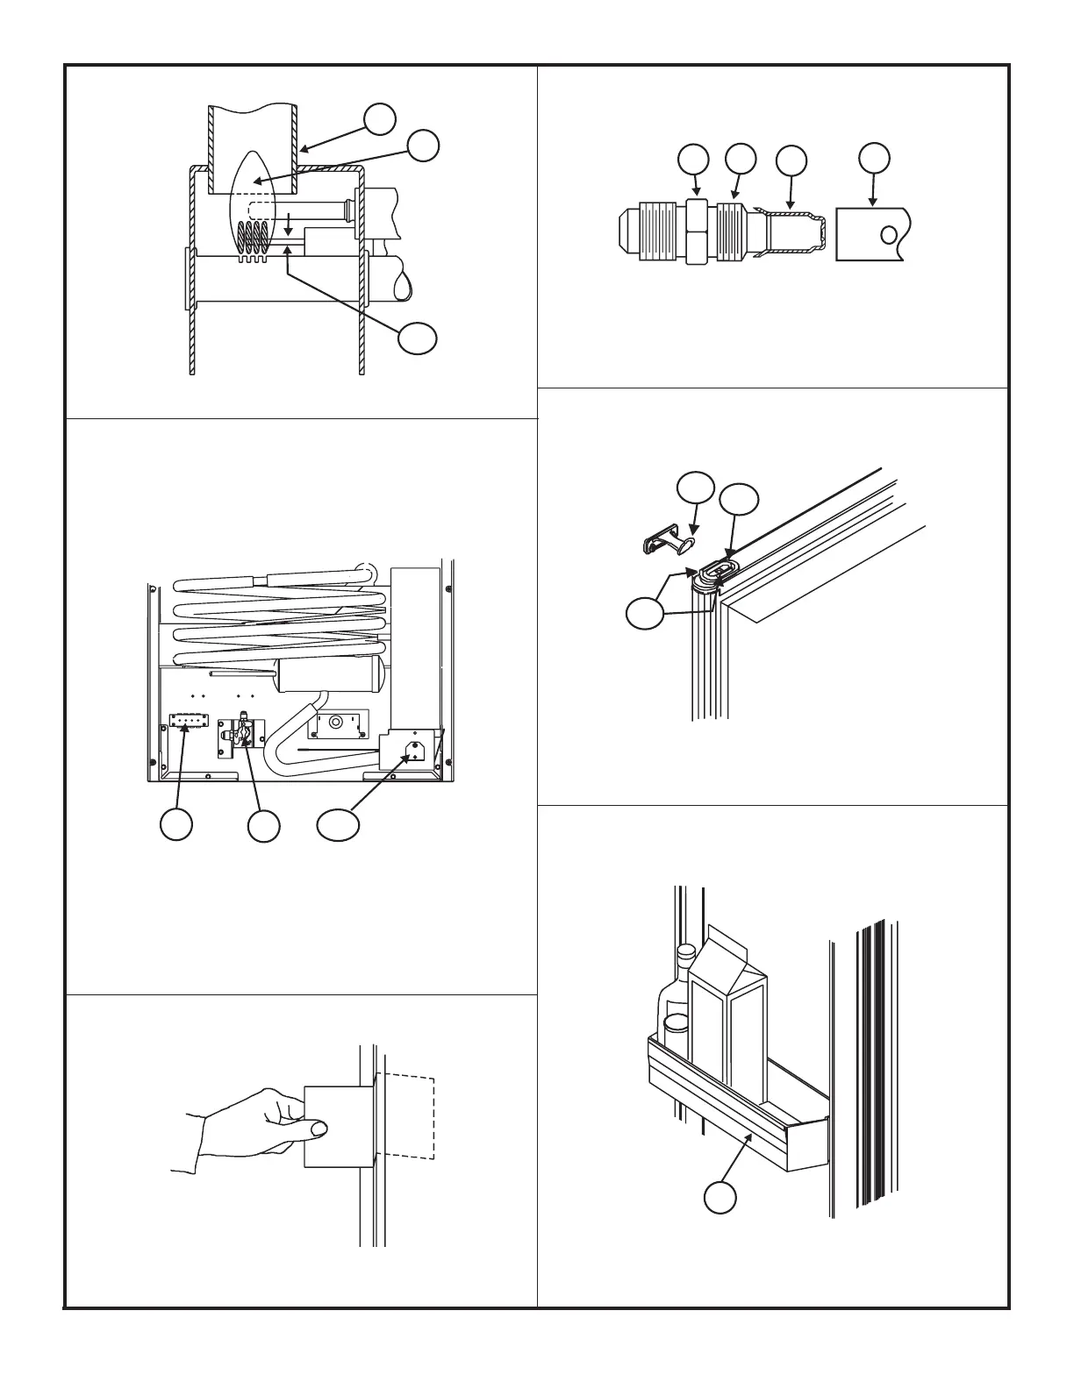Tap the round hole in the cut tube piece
click(889, 235)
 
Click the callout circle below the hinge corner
click(647, 612)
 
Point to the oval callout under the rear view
click(338, 824)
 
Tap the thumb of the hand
click(316, 1129)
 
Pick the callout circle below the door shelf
click(719, 1199)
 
